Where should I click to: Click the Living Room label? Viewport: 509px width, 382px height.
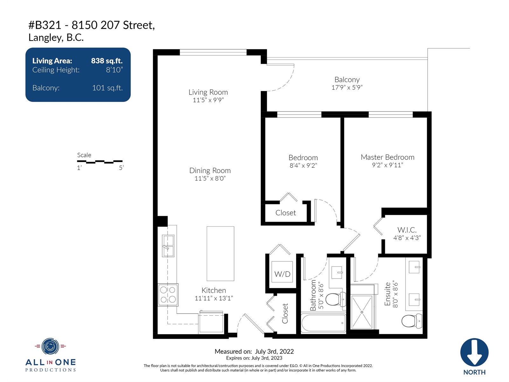pos(208,92)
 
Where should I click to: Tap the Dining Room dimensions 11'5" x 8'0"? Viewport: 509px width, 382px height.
pos(210,178)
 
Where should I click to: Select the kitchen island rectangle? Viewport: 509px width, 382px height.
pos(220,253)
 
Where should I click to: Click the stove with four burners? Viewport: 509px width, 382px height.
pos(168,294)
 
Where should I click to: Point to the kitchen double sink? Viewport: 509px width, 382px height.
pos(168,246)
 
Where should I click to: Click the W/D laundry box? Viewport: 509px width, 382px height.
pos(282,272)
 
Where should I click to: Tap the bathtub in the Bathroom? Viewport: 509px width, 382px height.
pos(324,323)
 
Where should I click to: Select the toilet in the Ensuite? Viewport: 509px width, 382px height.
pos(412,321)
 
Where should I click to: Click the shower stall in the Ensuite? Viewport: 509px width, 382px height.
pos(362,312)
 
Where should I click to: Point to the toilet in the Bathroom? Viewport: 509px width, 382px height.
pos(336,299)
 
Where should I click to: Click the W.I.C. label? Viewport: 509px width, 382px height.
pos(407,230)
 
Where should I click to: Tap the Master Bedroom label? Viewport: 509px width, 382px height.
pos(387,157)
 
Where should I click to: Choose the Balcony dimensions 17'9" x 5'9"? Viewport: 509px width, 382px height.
pos(347,88)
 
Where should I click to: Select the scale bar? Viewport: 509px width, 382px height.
pos(100,161)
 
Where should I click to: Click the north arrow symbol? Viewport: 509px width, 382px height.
pos(474,352)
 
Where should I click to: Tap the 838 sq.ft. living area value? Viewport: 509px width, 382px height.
pos(107,61)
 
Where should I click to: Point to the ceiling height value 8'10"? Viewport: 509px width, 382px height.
pos(114,70)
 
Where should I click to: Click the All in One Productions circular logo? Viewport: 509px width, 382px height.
pos(50,346)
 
